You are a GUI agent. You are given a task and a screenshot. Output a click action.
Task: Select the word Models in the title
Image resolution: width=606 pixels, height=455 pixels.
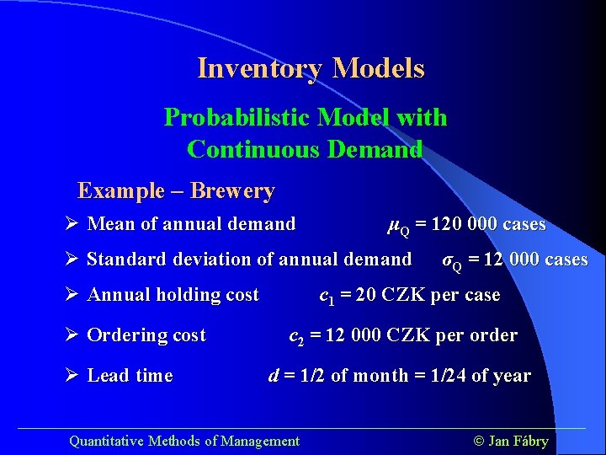[x=378, y=68]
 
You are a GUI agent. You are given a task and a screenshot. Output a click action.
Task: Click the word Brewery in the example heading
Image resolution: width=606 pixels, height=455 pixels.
[x=232, y=191]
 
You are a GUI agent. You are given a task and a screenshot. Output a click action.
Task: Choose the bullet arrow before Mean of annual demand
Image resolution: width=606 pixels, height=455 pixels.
[x=72, y=224]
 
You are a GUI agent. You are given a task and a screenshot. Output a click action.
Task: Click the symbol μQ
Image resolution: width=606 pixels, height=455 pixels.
[x=397, y=226]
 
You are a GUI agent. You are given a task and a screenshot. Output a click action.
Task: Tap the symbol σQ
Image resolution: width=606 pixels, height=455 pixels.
[x=452, y=261]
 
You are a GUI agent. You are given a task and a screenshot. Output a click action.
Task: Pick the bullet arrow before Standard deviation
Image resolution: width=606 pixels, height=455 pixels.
[x=72, y=260]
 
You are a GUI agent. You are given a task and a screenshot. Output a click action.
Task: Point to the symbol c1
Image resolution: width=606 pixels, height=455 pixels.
[x=327, y=297]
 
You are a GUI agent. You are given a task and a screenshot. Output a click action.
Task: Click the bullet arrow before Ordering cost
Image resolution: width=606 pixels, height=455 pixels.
[x=72, y=335]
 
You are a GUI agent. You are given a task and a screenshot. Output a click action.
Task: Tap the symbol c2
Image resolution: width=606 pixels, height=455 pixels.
[x=296, y=337]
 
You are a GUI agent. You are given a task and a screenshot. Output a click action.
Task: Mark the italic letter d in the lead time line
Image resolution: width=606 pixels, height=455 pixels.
[x=274, y=376]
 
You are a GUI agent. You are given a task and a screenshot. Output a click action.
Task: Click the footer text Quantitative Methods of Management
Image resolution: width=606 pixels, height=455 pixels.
[x=183, y=441]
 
